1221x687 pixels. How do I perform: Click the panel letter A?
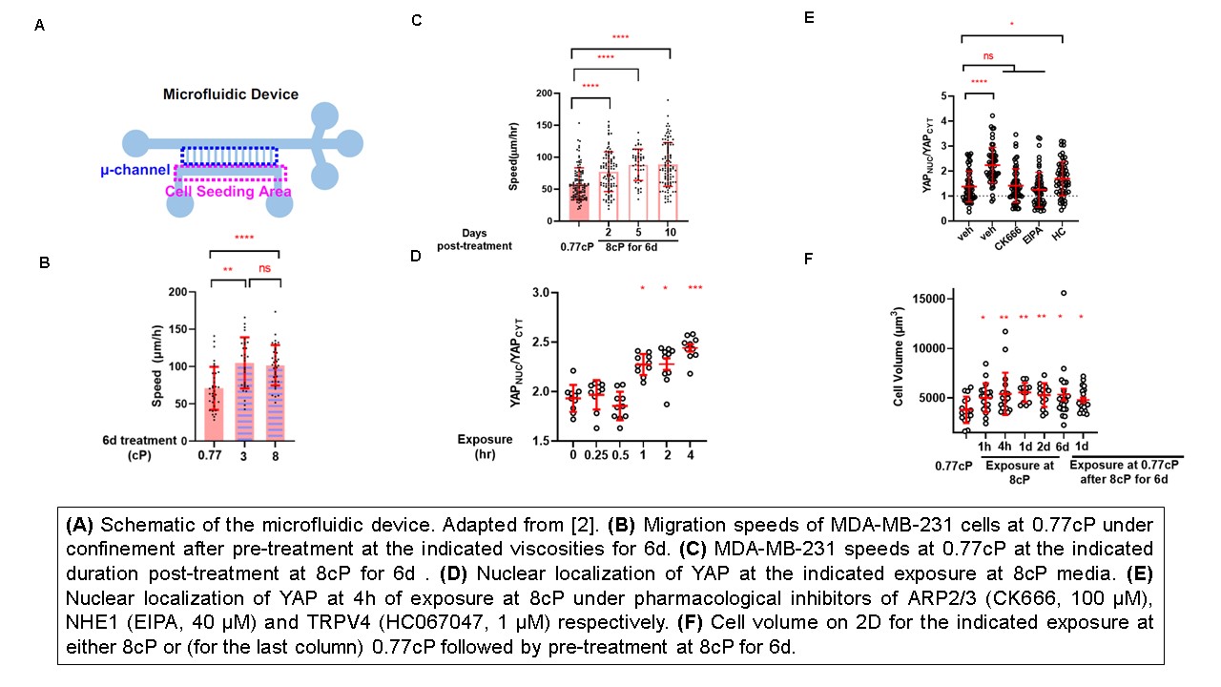click(x=39, y=26)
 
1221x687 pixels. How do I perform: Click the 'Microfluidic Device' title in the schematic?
click(x=231, y=94)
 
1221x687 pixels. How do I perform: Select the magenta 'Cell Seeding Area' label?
click(x=228, y=191)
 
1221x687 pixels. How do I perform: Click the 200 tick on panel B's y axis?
click(x=177, y=291)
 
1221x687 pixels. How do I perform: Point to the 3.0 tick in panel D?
click(x=540, y=293)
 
